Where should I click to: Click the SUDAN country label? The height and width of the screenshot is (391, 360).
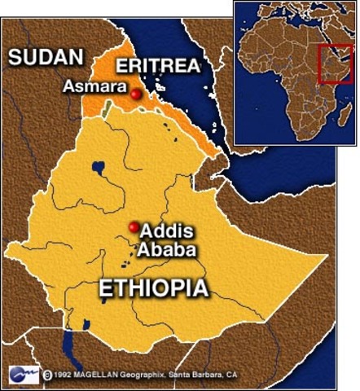46,57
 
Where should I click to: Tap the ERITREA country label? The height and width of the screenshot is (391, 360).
158,66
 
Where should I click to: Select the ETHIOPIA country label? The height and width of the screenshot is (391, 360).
153,288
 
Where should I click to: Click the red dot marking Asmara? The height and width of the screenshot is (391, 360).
135,94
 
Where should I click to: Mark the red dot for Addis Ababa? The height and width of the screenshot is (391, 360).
133,227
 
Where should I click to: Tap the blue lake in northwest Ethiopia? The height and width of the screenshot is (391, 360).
98,169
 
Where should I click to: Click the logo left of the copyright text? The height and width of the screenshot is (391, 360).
24,375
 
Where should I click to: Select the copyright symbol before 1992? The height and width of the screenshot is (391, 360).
49,376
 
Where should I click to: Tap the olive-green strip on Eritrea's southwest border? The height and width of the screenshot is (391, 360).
104,110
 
